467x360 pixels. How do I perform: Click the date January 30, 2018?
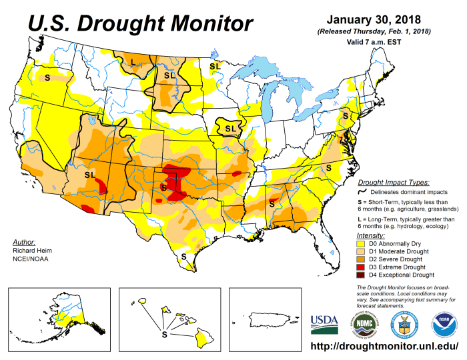374,19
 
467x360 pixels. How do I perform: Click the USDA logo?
324,325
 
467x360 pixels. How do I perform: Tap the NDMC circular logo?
365,325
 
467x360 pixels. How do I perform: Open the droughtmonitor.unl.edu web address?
386,347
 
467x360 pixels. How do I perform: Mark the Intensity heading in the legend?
372,236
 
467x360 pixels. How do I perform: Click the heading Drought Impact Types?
393,182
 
